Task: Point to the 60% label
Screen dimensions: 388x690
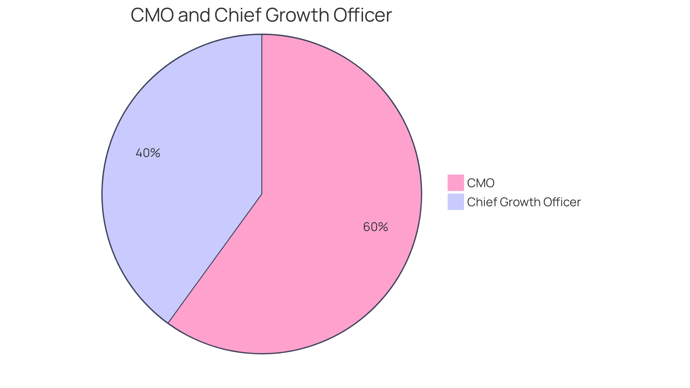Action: (376, 227)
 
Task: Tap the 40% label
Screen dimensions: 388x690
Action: (148, 153)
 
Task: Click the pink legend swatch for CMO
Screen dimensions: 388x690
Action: (455, 183)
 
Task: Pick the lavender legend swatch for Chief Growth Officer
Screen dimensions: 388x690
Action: (455, 202)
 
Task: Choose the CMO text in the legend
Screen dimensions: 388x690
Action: (481, 183)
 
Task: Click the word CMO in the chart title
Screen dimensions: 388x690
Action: (152, 15)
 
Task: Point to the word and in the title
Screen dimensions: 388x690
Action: (194, 15)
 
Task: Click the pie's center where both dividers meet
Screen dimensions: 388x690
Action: (262, 194)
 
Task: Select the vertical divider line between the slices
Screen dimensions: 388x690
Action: (262, 115)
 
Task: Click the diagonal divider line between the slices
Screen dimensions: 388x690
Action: (215, 258)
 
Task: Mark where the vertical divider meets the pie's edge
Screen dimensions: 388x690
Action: (262, 35)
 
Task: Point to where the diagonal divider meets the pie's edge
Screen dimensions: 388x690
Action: (168, 323)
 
